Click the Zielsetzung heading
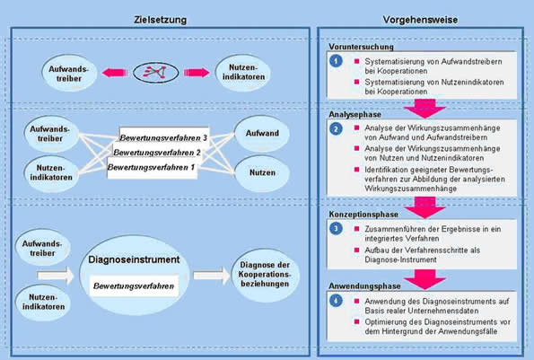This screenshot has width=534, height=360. [x=161, y=20]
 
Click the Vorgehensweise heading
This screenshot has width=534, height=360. [x=420, y=20]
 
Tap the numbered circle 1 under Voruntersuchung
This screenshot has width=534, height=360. [x=337, y=61]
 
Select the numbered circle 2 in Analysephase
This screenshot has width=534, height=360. [x=337, y=129]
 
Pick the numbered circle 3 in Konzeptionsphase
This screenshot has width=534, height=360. [x=337, y=229]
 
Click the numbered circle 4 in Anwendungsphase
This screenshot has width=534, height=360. [x=337, y=301]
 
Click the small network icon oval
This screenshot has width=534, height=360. [x=155, y=72]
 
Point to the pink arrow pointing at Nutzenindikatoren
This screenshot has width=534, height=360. [x=197, y=73]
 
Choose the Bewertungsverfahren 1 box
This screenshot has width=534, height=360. [x=153, y=168]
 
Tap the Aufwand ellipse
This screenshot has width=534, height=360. [x=262, y=134]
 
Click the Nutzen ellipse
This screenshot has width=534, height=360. [x=262, y=173]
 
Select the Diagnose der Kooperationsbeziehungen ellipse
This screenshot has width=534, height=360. [x=265, y=275]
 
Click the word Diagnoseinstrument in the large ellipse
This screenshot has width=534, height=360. [x=134, y=259]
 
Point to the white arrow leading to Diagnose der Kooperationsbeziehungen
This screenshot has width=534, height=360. [x=212, y=276]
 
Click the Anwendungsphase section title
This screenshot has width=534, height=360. [x=364, y=286]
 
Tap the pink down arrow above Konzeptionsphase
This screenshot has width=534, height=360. [x=425, y=207]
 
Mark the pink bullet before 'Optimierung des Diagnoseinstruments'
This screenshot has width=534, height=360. [x=356, y=321]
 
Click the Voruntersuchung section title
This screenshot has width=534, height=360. [x=361, y=47]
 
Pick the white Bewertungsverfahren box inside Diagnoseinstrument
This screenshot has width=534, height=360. [x=134, y=285]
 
